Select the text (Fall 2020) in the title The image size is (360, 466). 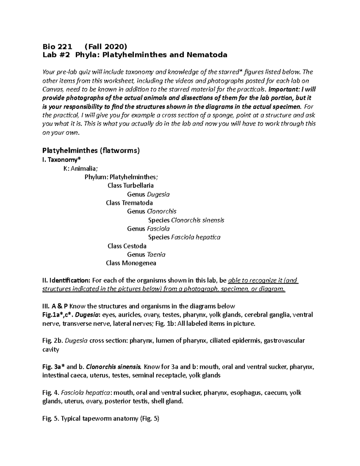(106, 47)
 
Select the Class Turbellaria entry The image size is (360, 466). (130, 185)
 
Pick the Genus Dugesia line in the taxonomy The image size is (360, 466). (148, 194)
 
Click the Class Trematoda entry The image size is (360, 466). (129, 203)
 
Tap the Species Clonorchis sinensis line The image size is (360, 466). (186, 220)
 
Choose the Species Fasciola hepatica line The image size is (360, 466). (184, 237)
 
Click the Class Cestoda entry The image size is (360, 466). (127, 246)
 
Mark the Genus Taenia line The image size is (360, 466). (146, 255)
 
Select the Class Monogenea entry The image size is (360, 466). (131, 263)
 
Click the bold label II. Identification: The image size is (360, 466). (66, 281)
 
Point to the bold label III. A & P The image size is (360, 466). (55, 306)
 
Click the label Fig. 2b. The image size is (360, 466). (52, 341)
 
